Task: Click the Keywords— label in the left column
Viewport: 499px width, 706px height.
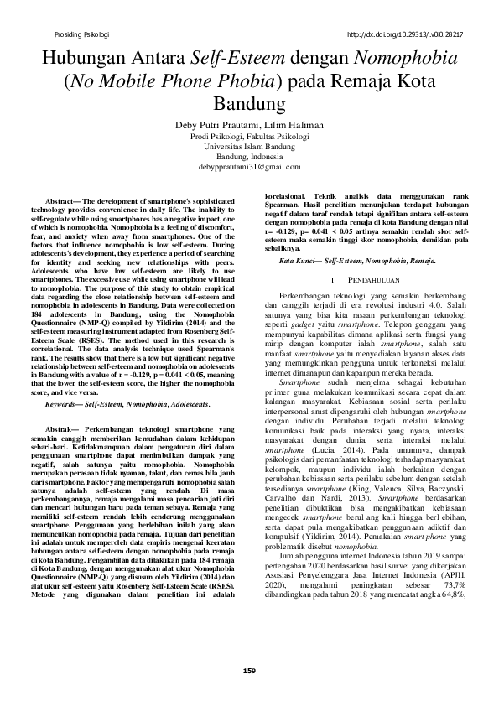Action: coord(65,405)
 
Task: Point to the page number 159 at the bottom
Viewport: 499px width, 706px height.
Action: coord(249,668)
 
